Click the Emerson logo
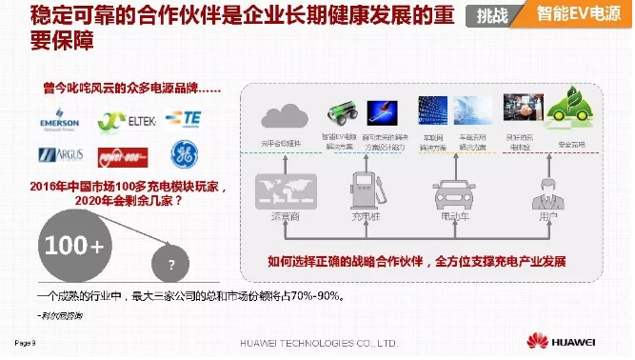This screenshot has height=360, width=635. pyautogui.click(x=59, y=122)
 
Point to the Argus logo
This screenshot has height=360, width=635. pyautogui.click(x=59, y=154)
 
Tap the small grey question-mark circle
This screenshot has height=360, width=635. pyautogui.click(x=171, y=264)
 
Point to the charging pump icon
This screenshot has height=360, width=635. pyautogui.click(x=366, y=191)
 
